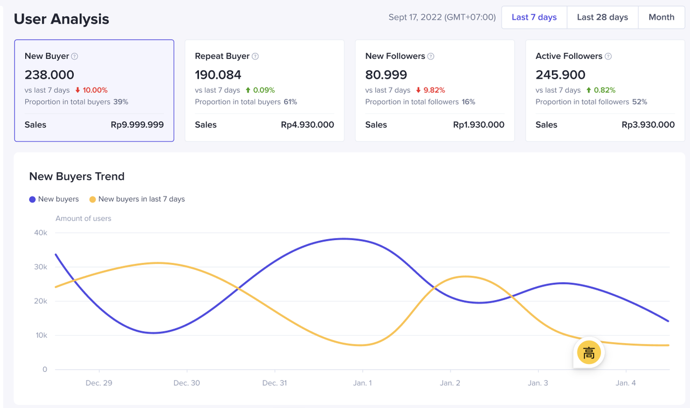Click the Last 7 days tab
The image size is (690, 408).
[x=534, y=17]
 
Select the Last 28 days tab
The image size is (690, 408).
[x=602, y=17]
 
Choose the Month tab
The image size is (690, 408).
[x=661, y=17]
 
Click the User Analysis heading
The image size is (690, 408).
[x=61, y=19]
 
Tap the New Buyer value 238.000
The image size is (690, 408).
[x=50, y=74]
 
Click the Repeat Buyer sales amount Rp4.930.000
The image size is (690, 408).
[x=307, y=125]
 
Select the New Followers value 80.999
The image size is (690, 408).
[x=386, y=74]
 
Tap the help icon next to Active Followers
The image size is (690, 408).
[x=608, y=57]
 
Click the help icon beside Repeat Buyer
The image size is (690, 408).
[x=256, y=57]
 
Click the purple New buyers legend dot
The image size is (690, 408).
[x=32, y=200]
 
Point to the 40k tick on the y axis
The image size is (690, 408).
[x=41, y=233]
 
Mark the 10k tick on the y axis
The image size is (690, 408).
[x=41, y=335]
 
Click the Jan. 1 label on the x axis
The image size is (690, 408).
[x=362, y=383]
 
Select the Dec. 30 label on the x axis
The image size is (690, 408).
[x=187, y=383]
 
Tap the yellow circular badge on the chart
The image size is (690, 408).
[x=589, y=353]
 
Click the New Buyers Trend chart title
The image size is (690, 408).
[x=77, y=176]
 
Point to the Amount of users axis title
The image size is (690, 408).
[x=84, y=219]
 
